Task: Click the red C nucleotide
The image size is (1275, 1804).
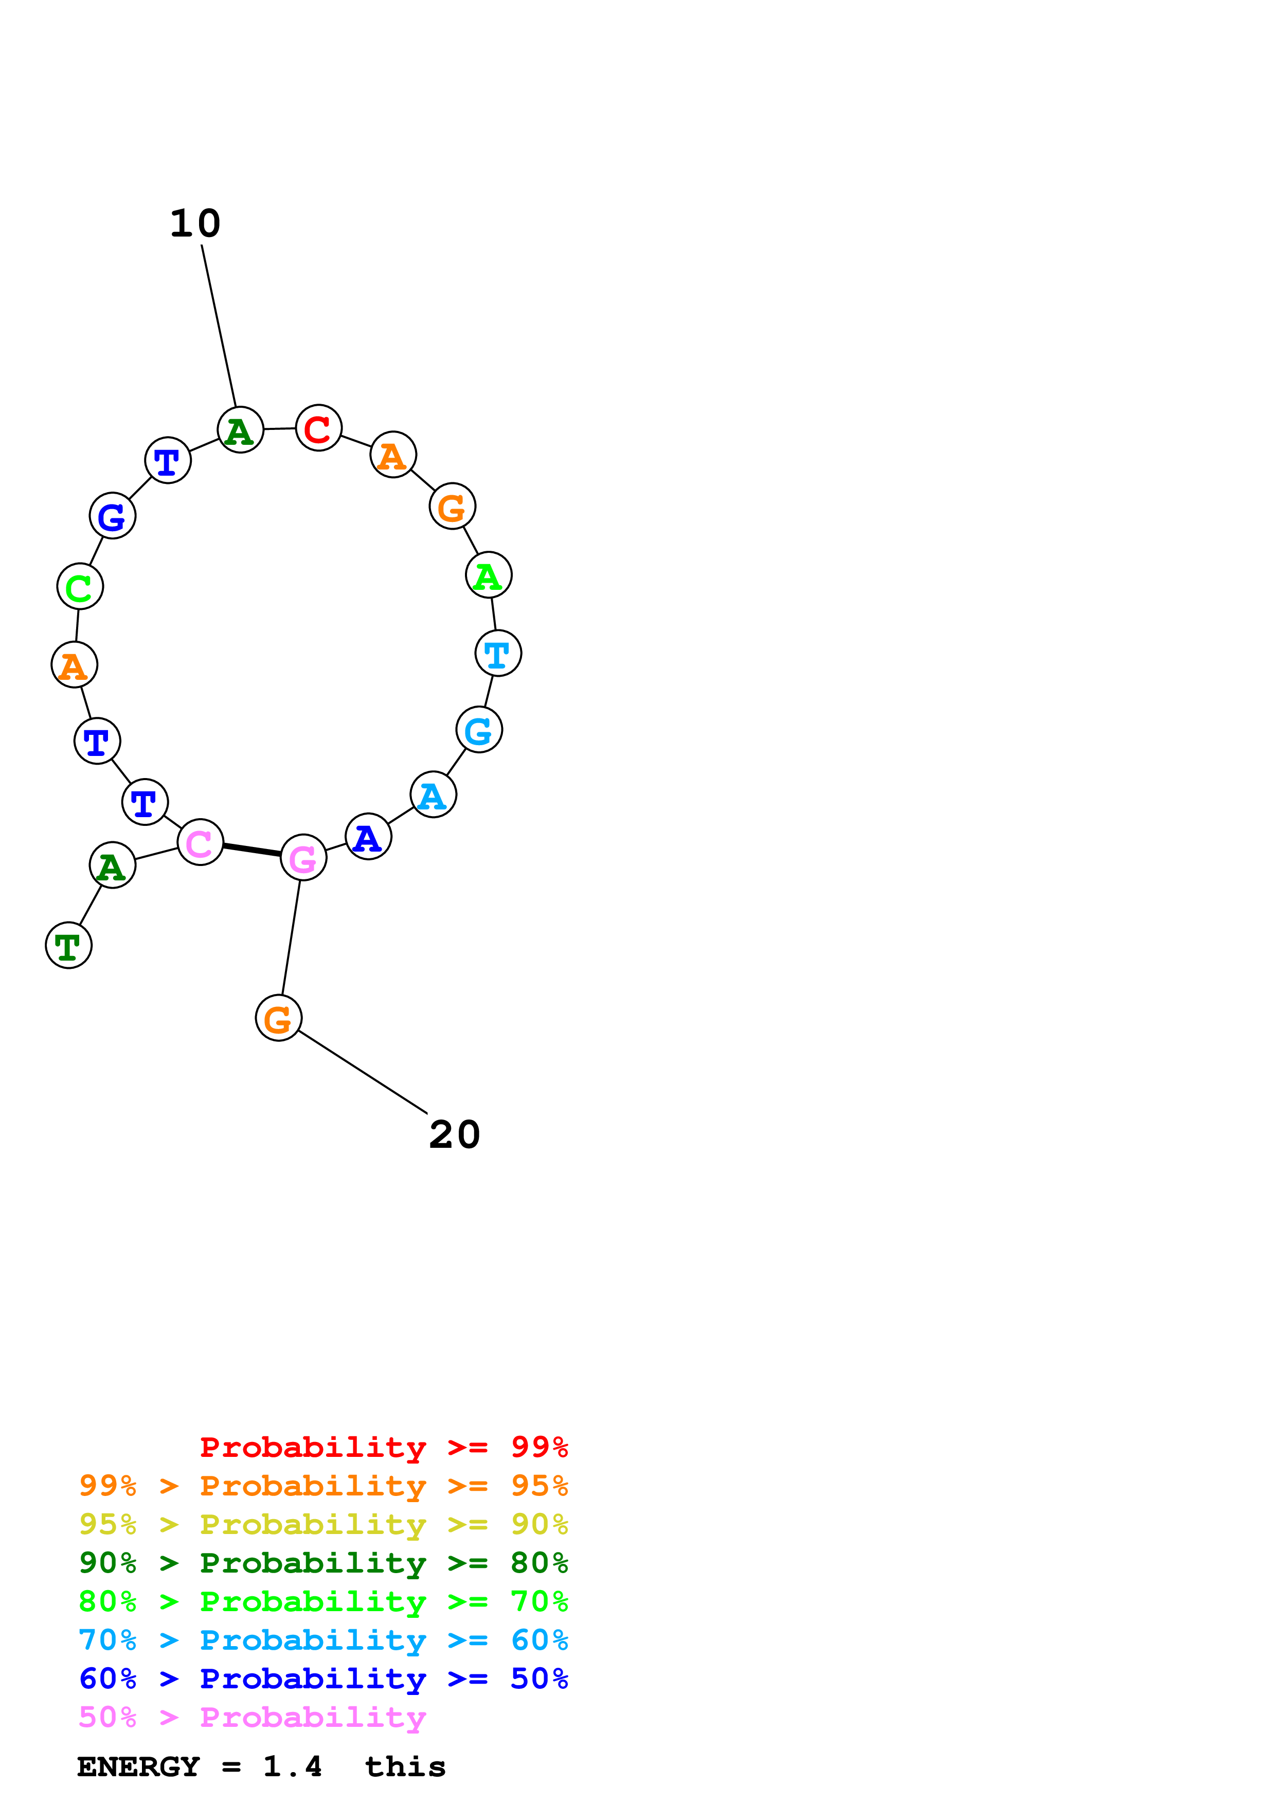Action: point(318,428)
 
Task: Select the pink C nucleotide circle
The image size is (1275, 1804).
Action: point(200,842)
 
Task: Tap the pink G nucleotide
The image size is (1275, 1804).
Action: point(303,857)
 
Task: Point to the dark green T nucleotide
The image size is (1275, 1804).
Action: point(69,945)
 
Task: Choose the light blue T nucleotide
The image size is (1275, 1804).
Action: point(498,653)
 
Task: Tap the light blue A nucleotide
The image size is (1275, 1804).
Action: point(433,795)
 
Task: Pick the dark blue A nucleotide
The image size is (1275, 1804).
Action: point(368,837)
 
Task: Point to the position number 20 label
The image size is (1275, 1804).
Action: point(454,1134)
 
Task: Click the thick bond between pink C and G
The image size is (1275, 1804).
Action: point(252,850)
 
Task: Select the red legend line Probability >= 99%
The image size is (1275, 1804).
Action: point(383,1447)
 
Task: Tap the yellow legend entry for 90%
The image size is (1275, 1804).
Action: point(323,1524)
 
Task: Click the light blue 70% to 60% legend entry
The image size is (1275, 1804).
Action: point(323,1640)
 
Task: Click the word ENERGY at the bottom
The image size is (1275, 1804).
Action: point(138,1767)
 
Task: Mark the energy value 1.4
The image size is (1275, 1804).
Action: point(292,1767)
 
